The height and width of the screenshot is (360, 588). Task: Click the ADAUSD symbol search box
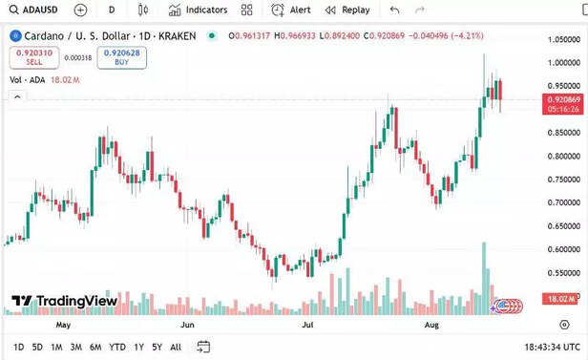[35, 10]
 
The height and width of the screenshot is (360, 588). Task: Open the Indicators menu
[199, 10]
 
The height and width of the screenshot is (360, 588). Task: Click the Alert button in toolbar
[291, 10]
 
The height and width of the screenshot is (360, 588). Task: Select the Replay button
[347, 10]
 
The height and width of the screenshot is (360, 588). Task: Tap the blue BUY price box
[121, 56]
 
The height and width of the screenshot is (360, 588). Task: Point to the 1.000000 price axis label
[563, 63]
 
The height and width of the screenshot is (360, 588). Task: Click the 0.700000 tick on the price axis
[563, 202]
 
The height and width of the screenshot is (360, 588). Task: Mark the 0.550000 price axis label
[563, 273]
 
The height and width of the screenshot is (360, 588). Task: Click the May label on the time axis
[64, 325]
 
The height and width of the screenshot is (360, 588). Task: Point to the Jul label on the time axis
[307, 325]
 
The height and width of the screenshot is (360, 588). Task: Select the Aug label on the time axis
[430, 325]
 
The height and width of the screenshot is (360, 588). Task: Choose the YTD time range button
[117, 347]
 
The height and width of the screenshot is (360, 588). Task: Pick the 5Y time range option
[157, 347]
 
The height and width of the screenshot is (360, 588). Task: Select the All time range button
[176, 347]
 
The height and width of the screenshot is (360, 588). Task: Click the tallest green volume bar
[485, 277]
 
